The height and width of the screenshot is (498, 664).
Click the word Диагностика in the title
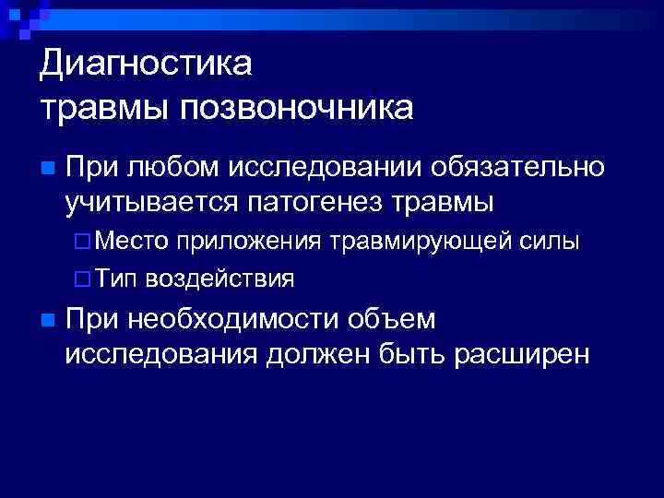click(146, 64)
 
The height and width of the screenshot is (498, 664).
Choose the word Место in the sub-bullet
click(132, 242)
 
